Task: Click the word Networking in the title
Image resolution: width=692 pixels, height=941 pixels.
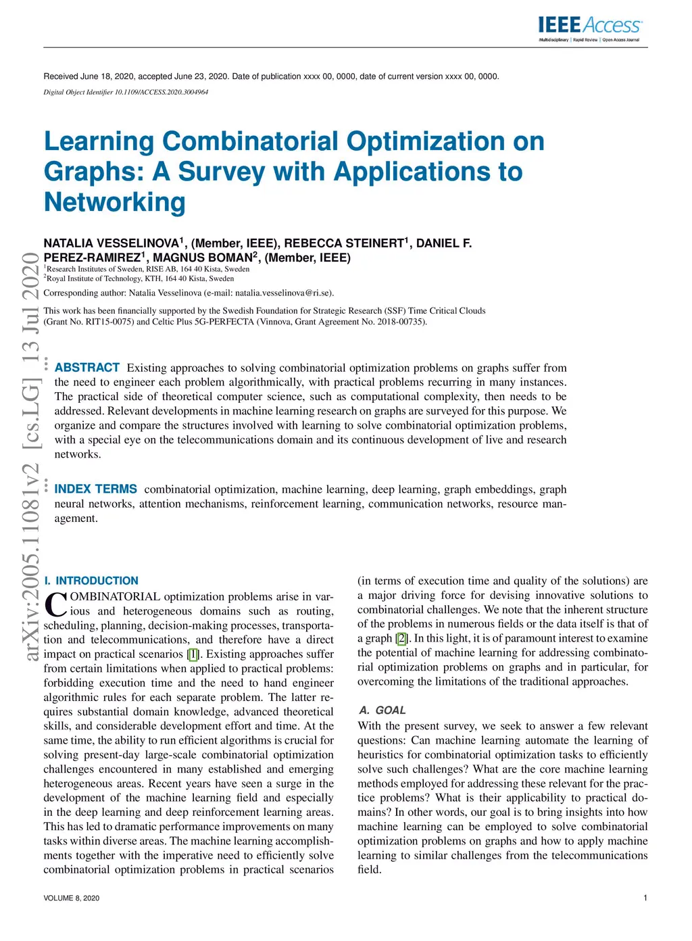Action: pyautogui.click(x=115, y=202)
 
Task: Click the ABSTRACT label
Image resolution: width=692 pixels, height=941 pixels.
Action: pyautogui.click(x=87, y=368)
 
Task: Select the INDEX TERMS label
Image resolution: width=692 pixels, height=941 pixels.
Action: pyautogui.click(x=96, y=489)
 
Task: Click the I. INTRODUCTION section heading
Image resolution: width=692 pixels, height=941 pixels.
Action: pyautogui.click(x=91, y=581)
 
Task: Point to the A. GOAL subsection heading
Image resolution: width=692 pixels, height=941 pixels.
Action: pyautogui.click(x=382, y=710)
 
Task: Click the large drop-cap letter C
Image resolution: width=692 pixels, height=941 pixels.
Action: pyautogui.click(x=55, y=604)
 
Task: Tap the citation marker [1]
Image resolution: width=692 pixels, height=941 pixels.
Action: pyautogui.click(x=193, y=654)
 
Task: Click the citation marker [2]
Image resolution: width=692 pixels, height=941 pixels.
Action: pyautogui.click(x=402, y=639)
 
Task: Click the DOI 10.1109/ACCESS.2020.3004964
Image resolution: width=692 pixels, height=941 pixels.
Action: pyautogui.click(x=162, y=92)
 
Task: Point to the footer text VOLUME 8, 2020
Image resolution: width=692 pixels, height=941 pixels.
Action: pyautogui.click(x=72, y=898)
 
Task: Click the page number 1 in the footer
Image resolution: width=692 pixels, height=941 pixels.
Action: pyautogui.click(x=645, y=898)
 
